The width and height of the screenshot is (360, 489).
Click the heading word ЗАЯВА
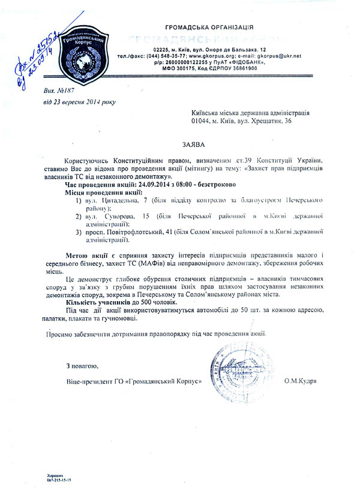(x=191, y=145)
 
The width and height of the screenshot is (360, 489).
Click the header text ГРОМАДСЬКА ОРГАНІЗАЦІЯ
(x=209, y=27)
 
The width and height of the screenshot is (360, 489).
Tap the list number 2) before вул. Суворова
(x=78, y=215)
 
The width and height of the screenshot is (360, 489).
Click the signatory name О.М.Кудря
(x=301, y=382)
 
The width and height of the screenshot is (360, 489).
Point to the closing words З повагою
(x=82, y=365)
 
